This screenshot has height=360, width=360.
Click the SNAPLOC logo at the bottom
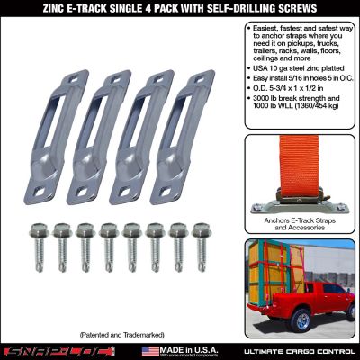(54, 349)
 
